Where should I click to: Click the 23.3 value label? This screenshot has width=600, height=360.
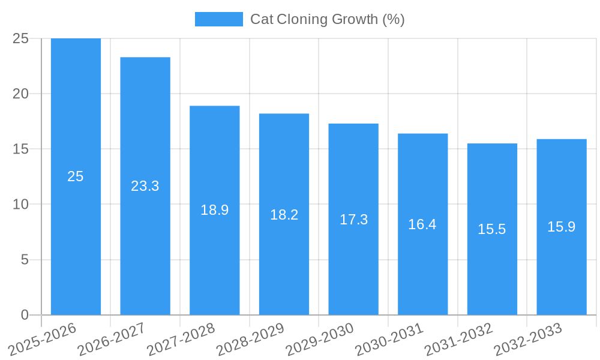(x=145, y=186)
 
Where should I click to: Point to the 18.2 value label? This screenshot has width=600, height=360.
(x=284, y=215)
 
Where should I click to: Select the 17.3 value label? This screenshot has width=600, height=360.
(x=353, y=220)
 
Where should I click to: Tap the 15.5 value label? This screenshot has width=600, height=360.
(x=492, y=229)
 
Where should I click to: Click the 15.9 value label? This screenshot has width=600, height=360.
(x=562, y=227)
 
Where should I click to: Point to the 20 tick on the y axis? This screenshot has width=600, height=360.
(x=21, y=94)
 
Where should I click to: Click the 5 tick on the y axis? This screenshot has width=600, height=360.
(x=25, y=260)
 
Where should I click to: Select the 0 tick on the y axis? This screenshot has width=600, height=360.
(x=25, y=315)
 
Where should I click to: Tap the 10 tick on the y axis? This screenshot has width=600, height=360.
(x=21, y=205)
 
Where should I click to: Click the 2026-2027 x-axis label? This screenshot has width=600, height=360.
(x=112, y=340)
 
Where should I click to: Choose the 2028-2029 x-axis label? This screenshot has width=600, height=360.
(x=251, y=340)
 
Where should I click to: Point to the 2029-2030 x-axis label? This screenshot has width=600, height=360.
(x=320, y=340)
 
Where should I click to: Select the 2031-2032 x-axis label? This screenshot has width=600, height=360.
(x=459, y=340)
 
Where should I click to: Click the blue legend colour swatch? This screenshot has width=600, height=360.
(x=219, y=19)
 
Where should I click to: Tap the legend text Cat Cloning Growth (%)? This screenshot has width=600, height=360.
(x=328, y=19)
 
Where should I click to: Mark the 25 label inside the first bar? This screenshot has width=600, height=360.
(x=76, y=176)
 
